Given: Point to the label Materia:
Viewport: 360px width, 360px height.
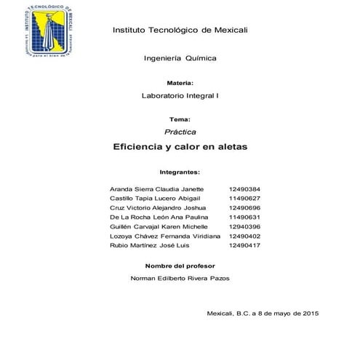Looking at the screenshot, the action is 180,84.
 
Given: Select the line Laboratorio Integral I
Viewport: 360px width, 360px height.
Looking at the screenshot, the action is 180,96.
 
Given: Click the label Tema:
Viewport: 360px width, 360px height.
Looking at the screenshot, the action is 180,119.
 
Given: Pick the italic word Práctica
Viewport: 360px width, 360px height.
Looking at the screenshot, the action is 180,131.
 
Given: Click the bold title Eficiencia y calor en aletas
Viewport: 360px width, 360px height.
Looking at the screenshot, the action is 180,147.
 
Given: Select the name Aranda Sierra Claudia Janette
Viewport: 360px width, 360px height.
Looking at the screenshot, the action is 156,188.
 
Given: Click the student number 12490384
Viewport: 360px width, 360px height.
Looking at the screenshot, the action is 244,188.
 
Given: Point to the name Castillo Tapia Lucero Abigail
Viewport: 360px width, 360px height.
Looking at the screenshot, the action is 154,198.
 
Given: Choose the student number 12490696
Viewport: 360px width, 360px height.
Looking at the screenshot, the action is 244,207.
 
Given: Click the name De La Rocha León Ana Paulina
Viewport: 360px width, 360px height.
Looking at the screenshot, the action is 158,217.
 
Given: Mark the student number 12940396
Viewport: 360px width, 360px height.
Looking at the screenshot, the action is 244,227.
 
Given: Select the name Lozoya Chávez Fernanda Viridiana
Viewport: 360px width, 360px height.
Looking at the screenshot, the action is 164,237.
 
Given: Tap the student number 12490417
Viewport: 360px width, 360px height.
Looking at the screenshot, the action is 244,247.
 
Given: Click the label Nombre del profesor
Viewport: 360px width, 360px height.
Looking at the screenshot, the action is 180,265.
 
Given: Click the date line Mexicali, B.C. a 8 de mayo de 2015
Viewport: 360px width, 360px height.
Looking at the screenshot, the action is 263,313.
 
